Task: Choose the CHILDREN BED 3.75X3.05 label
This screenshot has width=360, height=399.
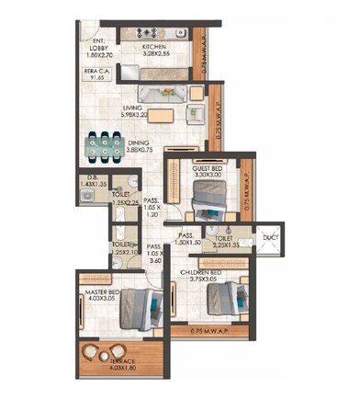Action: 203,279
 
